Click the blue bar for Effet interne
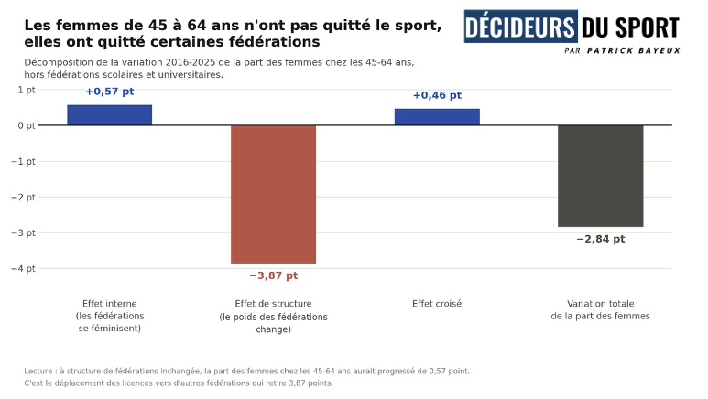110,115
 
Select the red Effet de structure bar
273,194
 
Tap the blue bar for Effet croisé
437,117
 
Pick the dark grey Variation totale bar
601,176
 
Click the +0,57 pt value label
110,92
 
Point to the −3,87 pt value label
273,275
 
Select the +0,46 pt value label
437,95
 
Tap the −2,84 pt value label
601,239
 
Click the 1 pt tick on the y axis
27,90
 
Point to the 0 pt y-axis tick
27,125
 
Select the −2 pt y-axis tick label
23,198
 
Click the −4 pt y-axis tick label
23,268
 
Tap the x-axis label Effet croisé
437,304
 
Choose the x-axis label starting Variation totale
601,309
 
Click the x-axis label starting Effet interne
110,316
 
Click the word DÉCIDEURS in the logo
520,27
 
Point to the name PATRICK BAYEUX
634,50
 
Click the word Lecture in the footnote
38,371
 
